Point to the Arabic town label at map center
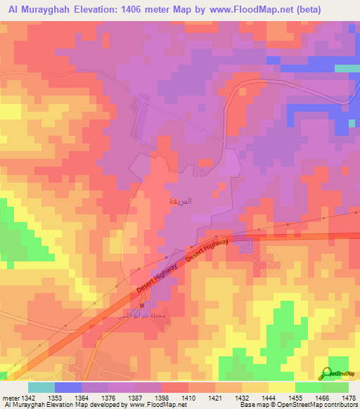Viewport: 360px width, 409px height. pos(176,200)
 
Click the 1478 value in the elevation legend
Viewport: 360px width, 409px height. pos(348,396)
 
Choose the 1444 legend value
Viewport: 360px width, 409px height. pos(269,396)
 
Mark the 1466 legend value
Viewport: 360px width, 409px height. pos(322,396)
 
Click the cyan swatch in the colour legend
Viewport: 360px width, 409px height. pos(41,387)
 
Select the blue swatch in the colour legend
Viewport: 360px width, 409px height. pos(68,387)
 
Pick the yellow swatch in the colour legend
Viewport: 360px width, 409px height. pos(281,387)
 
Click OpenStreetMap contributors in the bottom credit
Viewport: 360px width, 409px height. pos(323,405)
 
